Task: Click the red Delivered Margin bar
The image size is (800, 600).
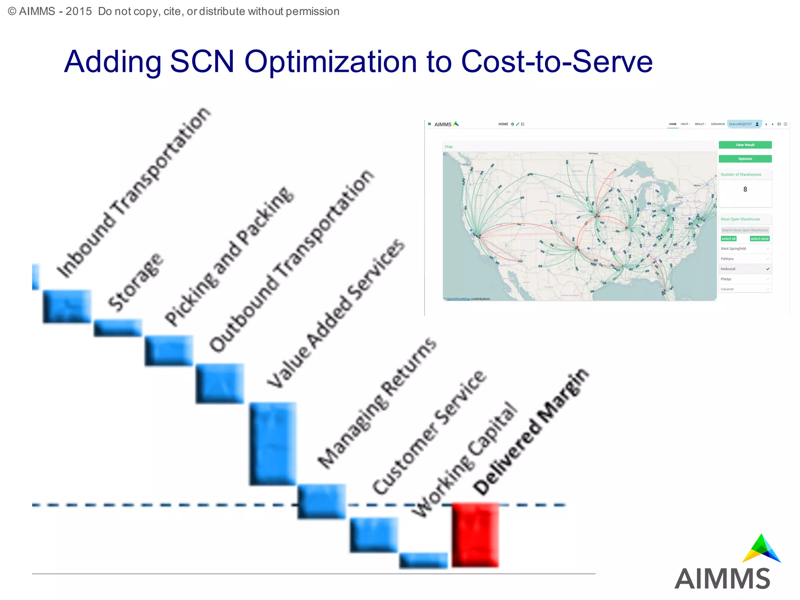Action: point(475,535)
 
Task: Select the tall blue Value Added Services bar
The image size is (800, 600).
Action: point(273,443)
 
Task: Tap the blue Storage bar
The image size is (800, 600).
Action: point(118,327)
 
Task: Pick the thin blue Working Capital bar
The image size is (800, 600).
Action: point(423,560)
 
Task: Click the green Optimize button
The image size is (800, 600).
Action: point(745,159)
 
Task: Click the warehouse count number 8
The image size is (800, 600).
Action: point(745,189)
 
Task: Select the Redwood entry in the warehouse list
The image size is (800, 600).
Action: point(728,269)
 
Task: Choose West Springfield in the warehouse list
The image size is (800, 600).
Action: point(733,248)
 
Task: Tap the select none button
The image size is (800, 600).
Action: point(759,239)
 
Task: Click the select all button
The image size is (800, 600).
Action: point(728,239)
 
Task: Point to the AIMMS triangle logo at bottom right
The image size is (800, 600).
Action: point(761,549)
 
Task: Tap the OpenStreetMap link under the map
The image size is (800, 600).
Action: point(458,299)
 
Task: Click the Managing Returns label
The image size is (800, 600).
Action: point(377,403)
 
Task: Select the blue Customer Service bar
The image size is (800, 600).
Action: point(373,534)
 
